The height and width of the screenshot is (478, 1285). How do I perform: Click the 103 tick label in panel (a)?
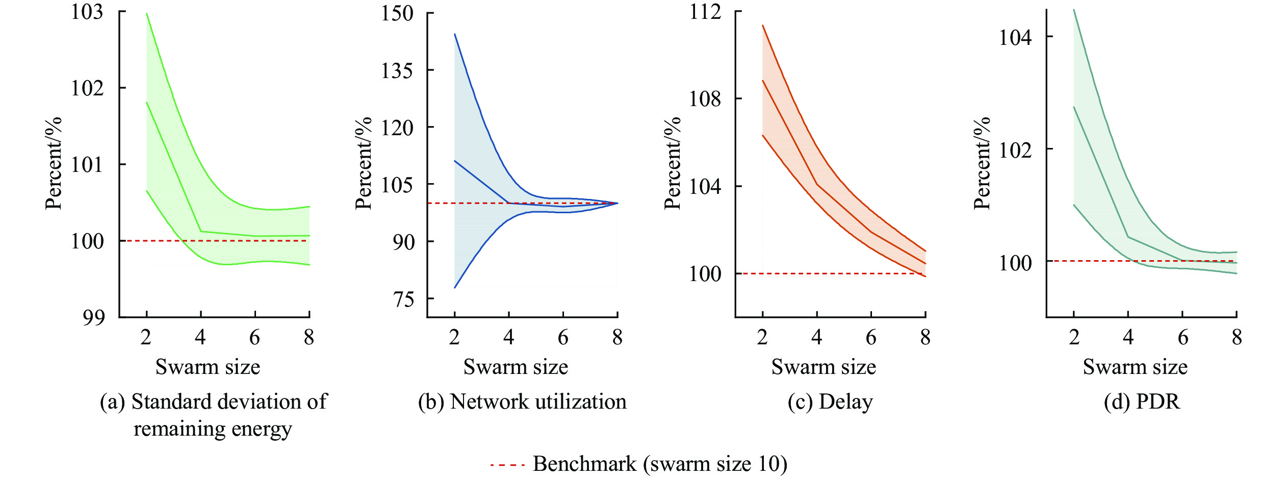click(87, 12)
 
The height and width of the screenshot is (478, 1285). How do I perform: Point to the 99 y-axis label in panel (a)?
click(93, 317)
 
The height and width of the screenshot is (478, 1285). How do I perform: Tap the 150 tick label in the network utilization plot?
click(397, 13)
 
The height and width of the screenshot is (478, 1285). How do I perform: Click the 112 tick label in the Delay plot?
click(705, 12)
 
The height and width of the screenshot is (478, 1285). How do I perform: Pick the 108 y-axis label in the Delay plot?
click(705, 99)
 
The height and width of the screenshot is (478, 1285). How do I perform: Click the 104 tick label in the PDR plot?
click(1015, 37)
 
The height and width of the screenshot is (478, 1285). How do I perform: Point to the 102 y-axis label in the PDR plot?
click(1015, 150)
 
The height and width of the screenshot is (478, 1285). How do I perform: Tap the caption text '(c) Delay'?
click(830, 402)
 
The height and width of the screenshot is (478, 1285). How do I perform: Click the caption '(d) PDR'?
click(1142, 402)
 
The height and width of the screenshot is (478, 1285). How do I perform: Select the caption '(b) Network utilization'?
click(522, 402)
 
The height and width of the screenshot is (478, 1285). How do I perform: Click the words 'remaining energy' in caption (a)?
click(213, 429)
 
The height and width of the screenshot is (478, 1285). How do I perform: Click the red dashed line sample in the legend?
click(507, 465)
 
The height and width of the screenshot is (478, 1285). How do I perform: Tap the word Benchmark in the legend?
click(585, 464)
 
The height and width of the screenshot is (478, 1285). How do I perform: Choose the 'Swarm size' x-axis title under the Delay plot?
click(824, 367)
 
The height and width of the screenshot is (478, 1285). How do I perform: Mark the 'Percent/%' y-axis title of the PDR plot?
click(982, 163)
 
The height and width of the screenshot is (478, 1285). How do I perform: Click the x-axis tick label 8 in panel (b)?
click(618, 337)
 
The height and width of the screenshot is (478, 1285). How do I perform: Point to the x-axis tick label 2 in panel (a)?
click(146, 337)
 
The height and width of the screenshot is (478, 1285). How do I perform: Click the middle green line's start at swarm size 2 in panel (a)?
click(147, 103)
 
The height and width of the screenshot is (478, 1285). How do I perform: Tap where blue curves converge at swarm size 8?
click(617, 203)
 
